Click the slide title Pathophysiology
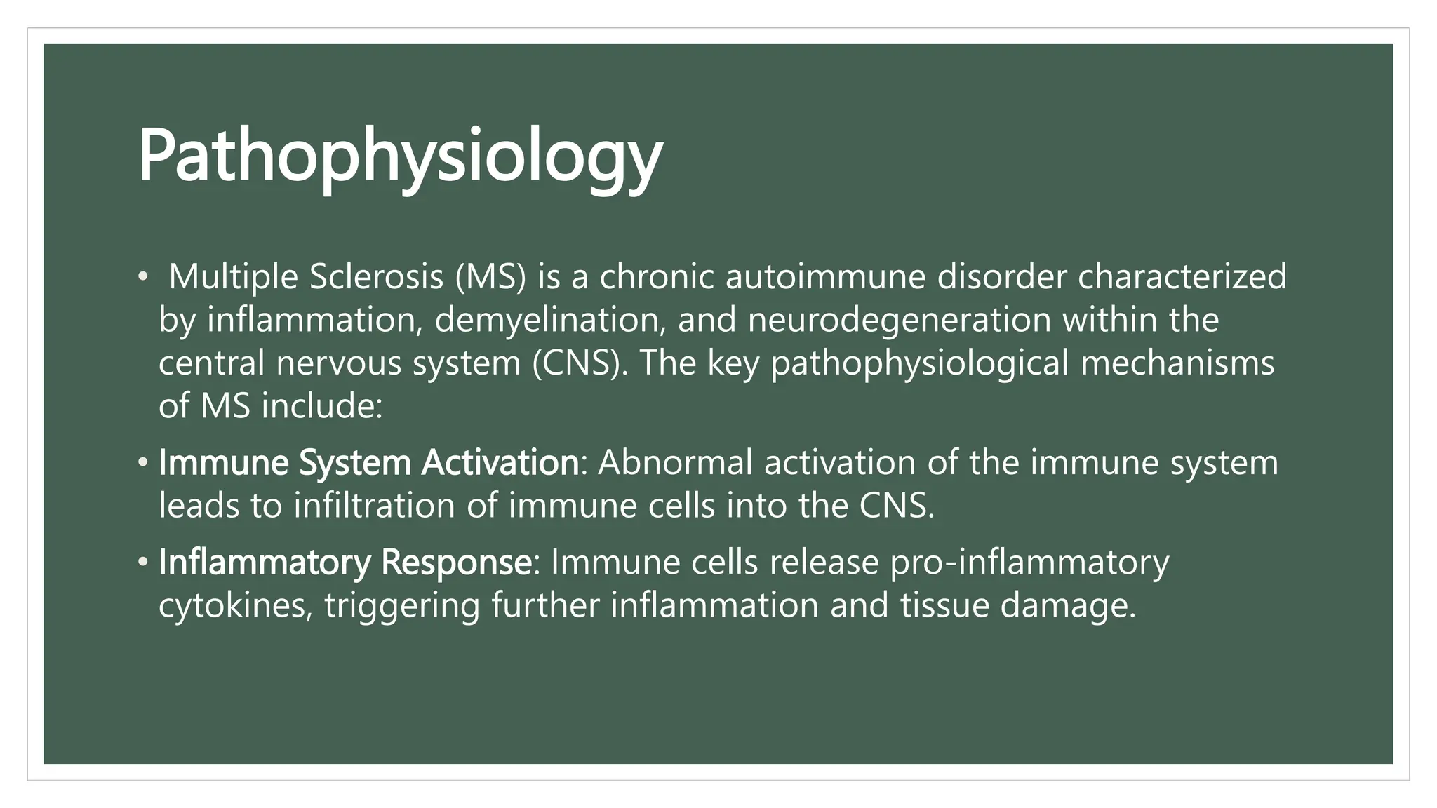[x=400, y=156]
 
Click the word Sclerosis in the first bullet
[x=376, y=276]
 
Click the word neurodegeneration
[x=899, y=320]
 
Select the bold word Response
[x=456, y=563]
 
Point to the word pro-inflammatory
[x=1029, y=563]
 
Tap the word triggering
[x=401, y=606]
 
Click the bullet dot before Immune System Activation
[x=143, y=463]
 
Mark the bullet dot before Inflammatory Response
[x=143, y=563]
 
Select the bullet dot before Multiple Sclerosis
[x=143, y=278]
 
